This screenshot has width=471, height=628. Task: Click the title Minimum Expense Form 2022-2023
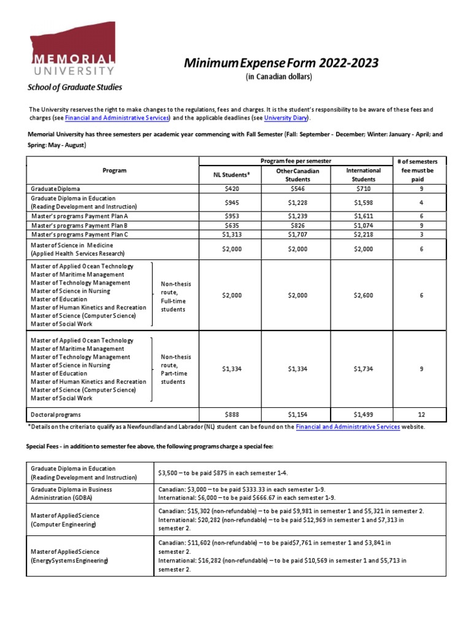pyautogui.click(x=278, y=63)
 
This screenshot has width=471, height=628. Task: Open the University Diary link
pyautogui.click(x=286, y=118)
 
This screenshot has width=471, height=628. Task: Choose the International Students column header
pyautogui.click(x=364, y=175)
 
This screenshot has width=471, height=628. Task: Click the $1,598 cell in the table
pyautogui.click(x=364, y=202)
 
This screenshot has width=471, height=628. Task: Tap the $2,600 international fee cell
pyautogui.click(x=364, y=295)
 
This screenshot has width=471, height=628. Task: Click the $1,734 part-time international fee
pyautogui.click(x=364, y=369)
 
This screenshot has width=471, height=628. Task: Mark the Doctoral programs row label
pyautogui.click(x=59, y=414)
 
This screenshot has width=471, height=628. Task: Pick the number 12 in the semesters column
pyautogui.click(x=421, y=414)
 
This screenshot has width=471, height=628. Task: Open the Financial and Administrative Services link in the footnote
pyautogui.click(x=348, y=426)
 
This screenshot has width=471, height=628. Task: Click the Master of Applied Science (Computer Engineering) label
pyautogui.click(x=65, y=519)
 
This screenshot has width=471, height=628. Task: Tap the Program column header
pyautogui.click(x=115, y=170)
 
